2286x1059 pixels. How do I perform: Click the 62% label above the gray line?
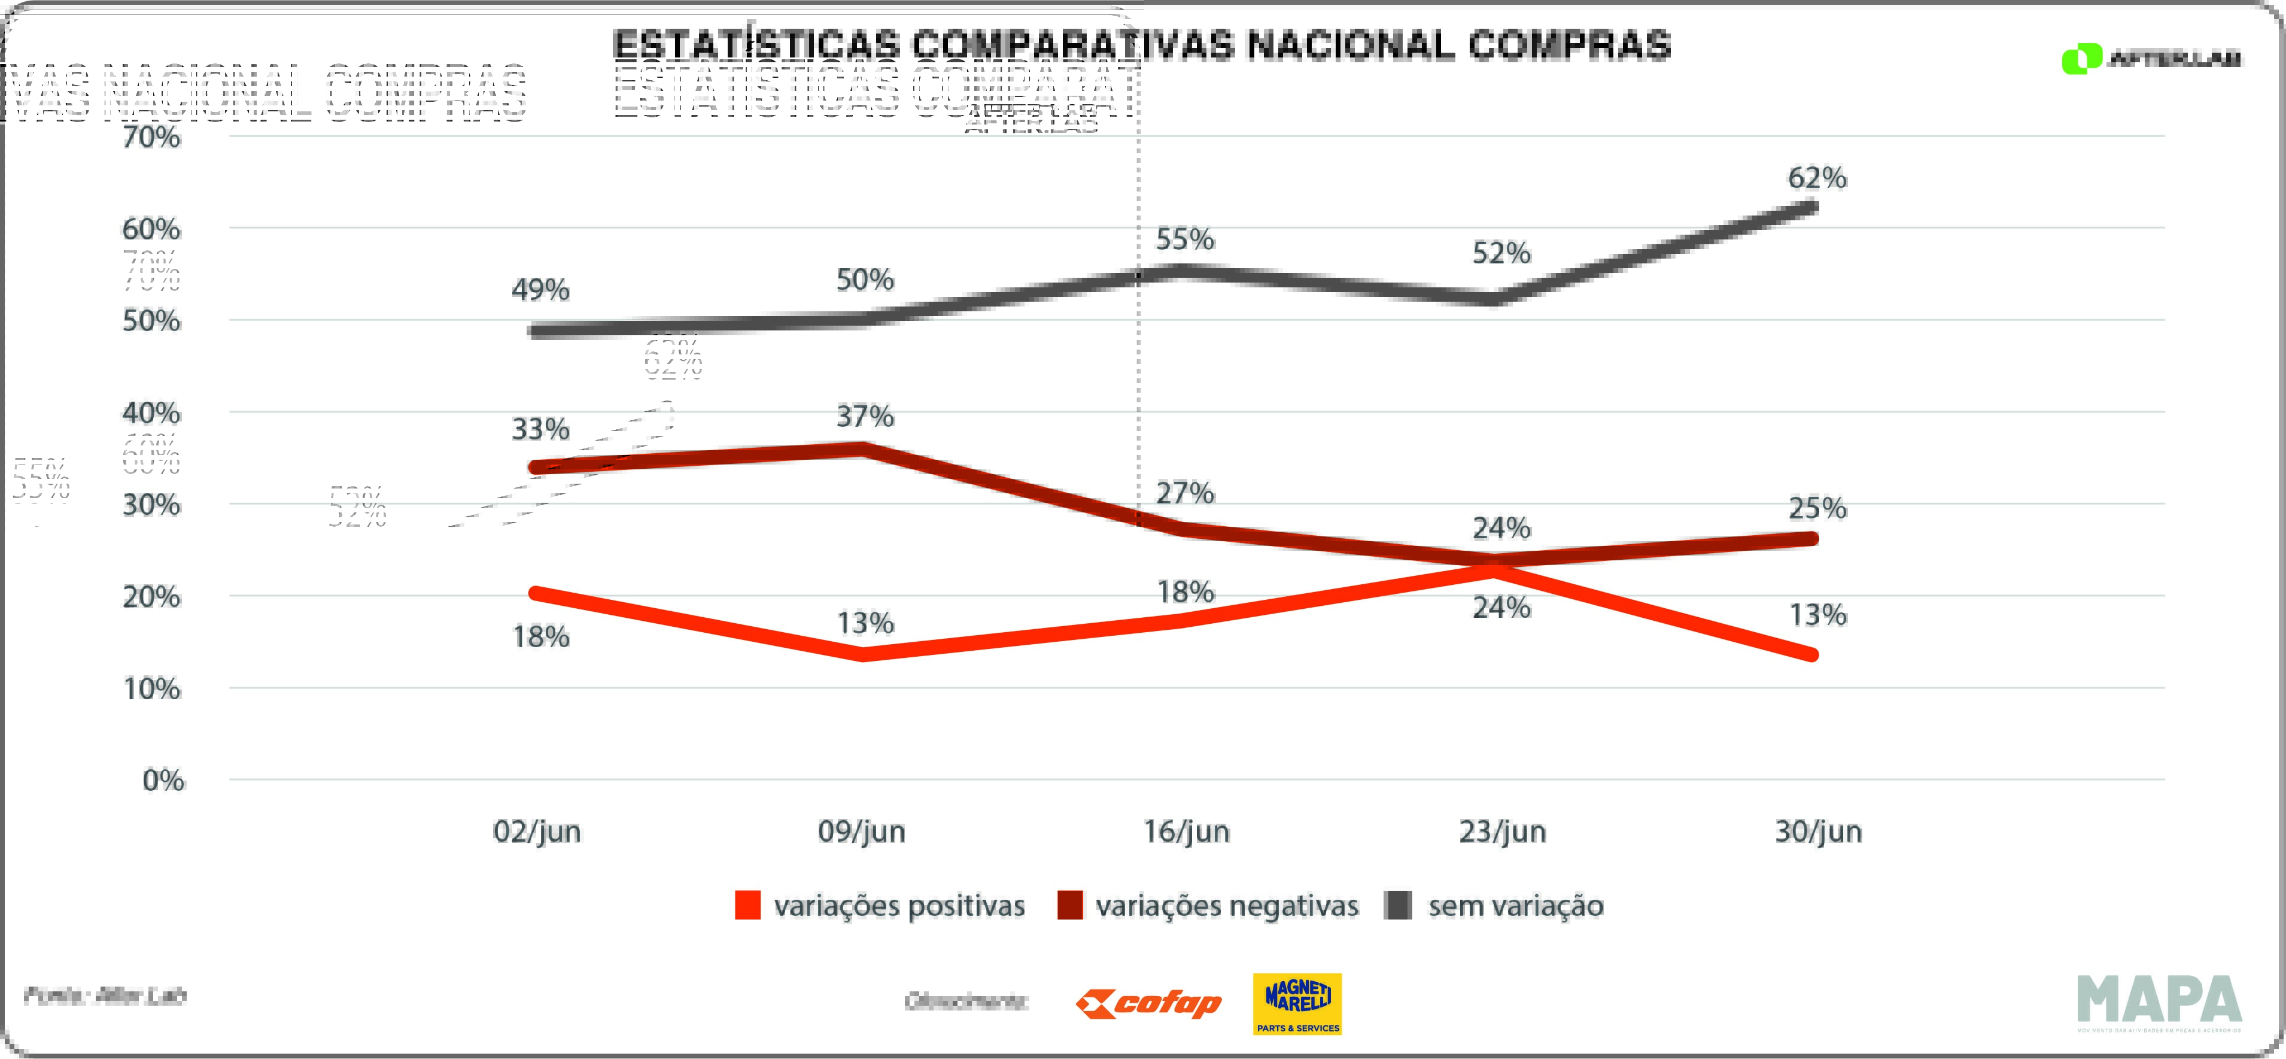click(1817, 178)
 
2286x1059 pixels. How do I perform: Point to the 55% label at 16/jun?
click(1185, 239)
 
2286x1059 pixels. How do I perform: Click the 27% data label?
click(1185, 493)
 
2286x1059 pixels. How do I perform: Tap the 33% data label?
click(540, 430)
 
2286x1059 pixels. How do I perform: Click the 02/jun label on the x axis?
click(537, 832)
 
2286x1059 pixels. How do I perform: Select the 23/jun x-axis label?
click(1503, 832)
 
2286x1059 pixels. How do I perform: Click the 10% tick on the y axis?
click(152, 689)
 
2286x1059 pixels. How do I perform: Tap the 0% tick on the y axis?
click(163, 780)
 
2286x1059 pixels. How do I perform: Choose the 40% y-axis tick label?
click(152, 413)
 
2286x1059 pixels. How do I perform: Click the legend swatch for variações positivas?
click(747, 905)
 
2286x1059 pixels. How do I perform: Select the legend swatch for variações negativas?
click(1069, 905)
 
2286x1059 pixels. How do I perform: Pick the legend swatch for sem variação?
click(1399, 905)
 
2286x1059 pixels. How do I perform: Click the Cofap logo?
click(1148, 1004)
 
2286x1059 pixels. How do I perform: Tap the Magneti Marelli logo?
click(1297, 1004)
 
